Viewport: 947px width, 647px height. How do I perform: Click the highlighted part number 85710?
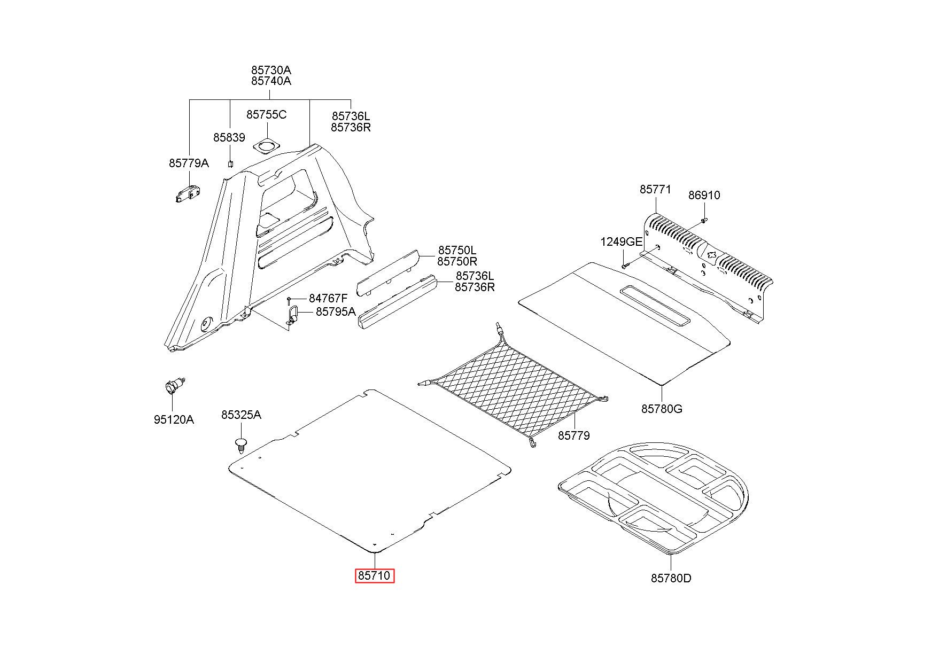click(375, 576)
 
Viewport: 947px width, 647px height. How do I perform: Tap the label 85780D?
click(671, 578)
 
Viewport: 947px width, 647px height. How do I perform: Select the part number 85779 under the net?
click(574, 435)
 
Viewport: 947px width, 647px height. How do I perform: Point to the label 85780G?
click(662, 409)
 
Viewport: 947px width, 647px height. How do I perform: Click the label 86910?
click(704, 196)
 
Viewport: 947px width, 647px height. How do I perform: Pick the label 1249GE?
click(621, 241)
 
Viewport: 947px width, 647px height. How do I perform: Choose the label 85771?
click(656, 190)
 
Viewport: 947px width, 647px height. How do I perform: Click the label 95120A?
click(174, 419)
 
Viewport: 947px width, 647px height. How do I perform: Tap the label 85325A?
click(242, 415)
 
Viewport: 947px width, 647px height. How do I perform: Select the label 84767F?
click(328, 298)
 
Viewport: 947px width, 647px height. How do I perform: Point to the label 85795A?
click(336, 311)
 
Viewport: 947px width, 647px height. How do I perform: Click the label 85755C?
click(266, 115)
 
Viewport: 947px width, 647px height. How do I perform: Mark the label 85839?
click(229, 137)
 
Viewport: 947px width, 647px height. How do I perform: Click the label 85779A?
click(189, 163)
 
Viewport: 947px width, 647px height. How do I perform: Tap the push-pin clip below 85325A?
click(242, 445)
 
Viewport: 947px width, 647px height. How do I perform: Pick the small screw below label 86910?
click(704, 220)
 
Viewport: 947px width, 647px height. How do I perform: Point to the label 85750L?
click(457, 250)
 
